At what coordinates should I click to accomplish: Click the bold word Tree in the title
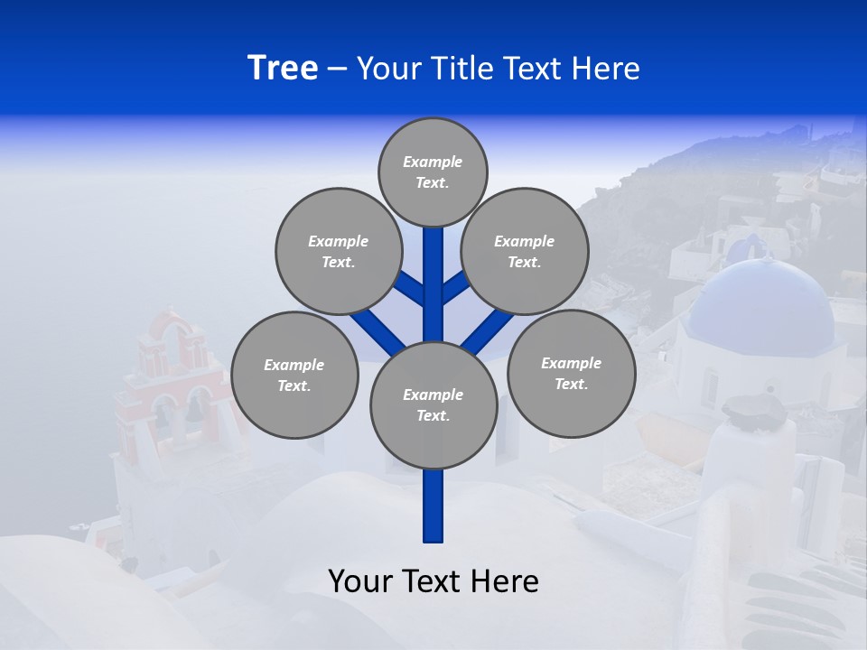pyautogui.click(x=283, y=68)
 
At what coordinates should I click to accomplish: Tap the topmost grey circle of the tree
pyautogui.click(x=433, y=172)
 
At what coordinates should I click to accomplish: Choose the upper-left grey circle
pyautogui.click(x=338, y=251)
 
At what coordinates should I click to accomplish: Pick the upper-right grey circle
pyautogui.click(x=525, y=251)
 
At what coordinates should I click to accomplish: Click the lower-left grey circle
pyautogui.click(x=294, y=375)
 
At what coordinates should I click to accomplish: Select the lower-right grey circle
pyautogui.click(x=572, y=373)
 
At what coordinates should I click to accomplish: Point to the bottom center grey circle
pyautogui.click(x=433, y=404)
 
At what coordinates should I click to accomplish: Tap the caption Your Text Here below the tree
pyautogui.click(x=433, y=581)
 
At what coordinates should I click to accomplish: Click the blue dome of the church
pyautogui.click(x=760, y=298)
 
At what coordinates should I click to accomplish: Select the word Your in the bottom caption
pyautogui.click(x=359, y=581)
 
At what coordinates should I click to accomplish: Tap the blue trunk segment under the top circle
pyautogui.click(x=433, y=271)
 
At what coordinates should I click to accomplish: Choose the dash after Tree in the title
pyautogui.click(x=337, y=69)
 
